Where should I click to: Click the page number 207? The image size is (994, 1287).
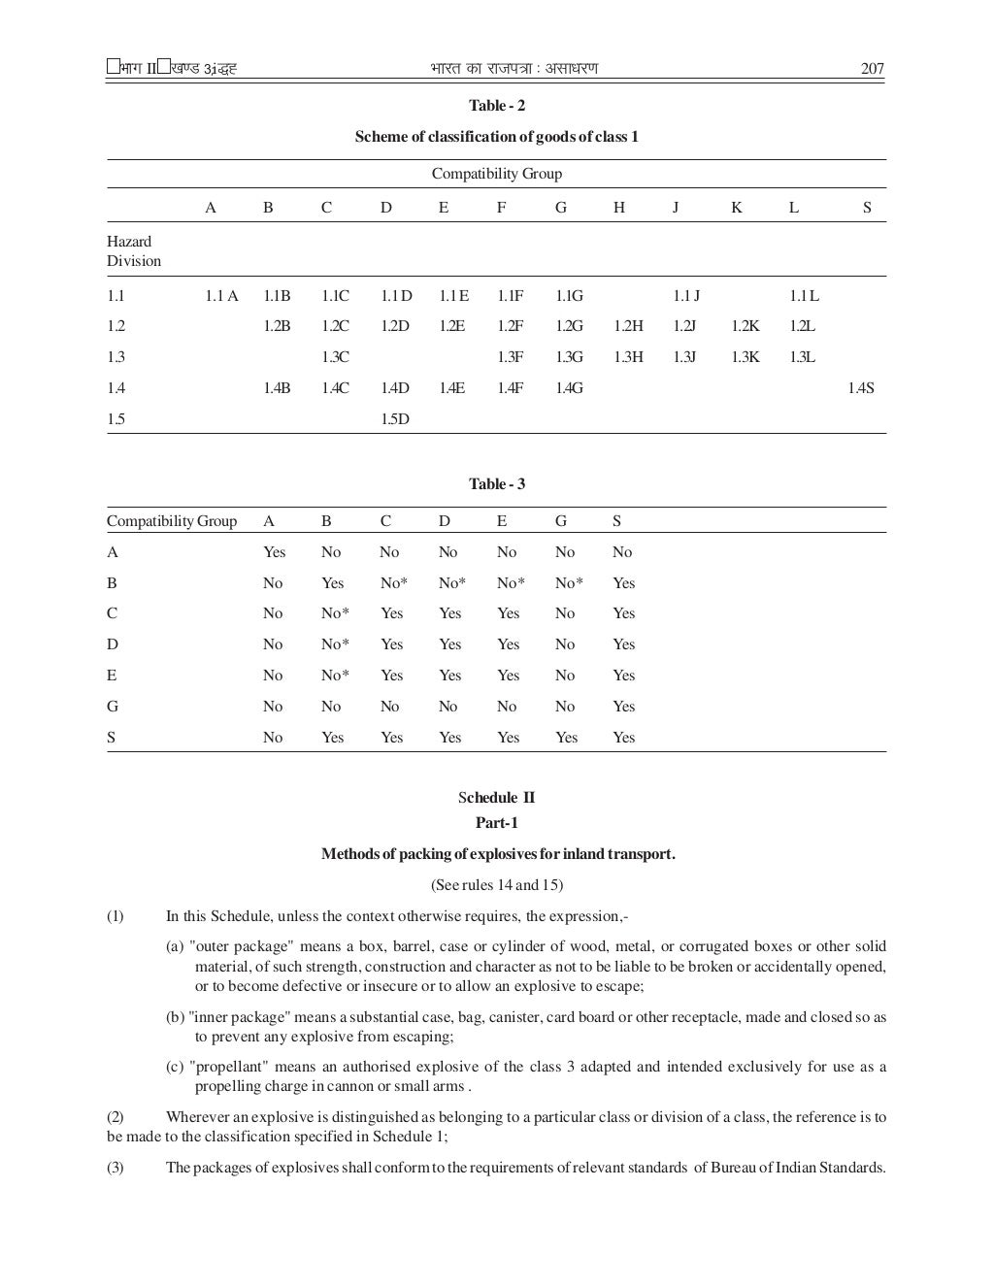click(x=872, y=69)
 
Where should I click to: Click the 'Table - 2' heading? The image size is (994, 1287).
click(x=496, y=106)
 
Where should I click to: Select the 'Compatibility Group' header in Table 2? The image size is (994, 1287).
click(x=496, y=174)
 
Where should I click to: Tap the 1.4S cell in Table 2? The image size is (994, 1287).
click(x=860, y=388)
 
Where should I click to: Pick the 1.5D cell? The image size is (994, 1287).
click(x=394, y=419)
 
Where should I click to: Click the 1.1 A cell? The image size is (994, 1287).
click(x=221, y=296)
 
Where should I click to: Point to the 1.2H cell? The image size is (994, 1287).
click(x=628, y=326)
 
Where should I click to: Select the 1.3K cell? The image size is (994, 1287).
click(x=745, y=357)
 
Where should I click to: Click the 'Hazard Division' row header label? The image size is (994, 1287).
click(x=134, y=251)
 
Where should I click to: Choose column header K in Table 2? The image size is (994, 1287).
click(x=736, y=208)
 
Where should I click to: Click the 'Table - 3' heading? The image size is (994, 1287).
click(x=496, y=484)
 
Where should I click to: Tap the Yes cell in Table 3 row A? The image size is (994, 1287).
click(x=274, y=552)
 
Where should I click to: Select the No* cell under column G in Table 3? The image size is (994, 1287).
click(x=569, y=583)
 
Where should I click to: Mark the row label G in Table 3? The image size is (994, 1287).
click(x=113, y=707)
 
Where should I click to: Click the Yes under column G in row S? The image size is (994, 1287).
click(x=566, y=738)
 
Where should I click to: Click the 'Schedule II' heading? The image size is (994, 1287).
click(x=496, y=798)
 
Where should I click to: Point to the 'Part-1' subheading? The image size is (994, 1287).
click(x=496, y=823)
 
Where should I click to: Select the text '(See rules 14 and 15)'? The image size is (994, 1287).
click(x=496, y=885)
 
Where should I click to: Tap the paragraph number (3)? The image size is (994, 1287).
click(x=116, y=1168)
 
